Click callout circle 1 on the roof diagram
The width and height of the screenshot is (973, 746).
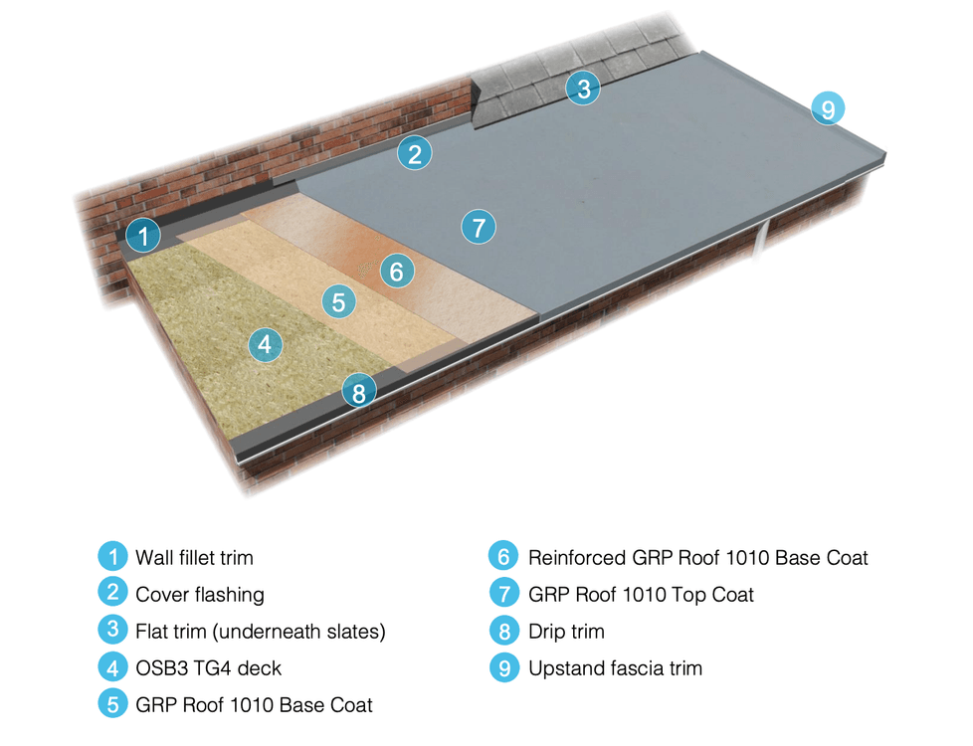(x=144, y=237)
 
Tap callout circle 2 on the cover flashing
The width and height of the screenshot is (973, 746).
(x=415, y=153)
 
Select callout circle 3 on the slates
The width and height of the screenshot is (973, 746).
(x=583, y=89)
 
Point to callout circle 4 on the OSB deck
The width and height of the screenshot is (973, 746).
(x=264, y=345)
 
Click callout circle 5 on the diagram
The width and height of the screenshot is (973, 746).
(x=338, y=301)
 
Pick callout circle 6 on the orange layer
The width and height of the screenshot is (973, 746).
(x=396, y=270)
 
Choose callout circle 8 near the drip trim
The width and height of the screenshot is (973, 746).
(x=359, y=392)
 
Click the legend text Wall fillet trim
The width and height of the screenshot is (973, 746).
(x=195, y=557)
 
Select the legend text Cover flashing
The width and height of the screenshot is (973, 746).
(x=200, y=595)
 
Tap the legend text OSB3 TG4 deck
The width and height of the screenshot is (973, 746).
(x=202, y=667)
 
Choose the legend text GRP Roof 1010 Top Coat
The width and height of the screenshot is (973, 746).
(x=641, y=595)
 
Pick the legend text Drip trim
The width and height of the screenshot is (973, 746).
(x=566, y=631)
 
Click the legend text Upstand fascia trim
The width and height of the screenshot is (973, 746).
(x=615, y=667)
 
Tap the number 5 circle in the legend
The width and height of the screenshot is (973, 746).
(x=113, y=703)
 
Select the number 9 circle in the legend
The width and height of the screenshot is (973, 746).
(x=505, y=667)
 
